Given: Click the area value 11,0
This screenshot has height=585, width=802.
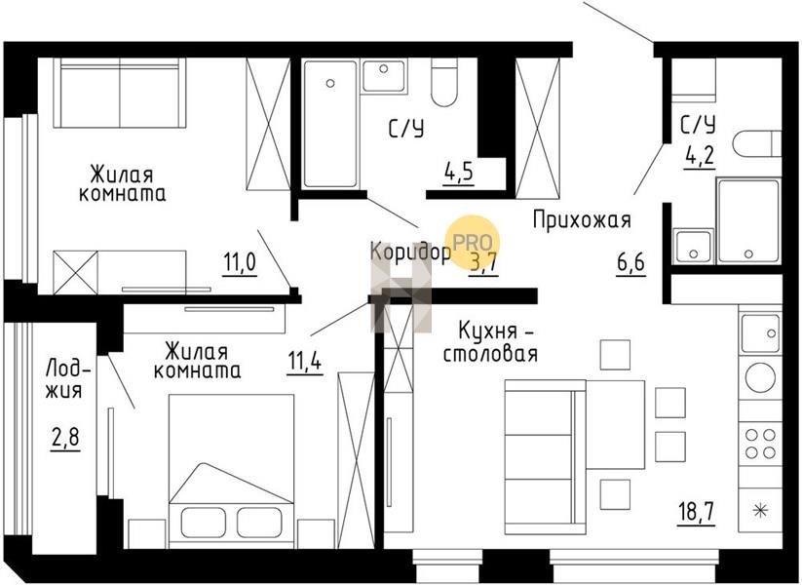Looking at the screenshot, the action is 240,263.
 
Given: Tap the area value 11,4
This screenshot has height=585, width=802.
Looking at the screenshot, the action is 304,362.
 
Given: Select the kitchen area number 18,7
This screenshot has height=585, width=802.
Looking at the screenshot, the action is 697,512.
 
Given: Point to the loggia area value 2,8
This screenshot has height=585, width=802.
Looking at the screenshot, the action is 66,438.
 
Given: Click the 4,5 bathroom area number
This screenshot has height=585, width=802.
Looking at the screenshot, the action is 459,172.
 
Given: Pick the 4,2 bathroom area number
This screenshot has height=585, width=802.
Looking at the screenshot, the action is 700,155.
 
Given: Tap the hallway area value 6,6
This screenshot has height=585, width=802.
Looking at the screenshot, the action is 631,263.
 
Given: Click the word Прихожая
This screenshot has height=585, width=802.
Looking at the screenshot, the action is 582,220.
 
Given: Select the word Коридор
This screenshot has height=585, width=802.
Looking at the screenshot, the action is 410,253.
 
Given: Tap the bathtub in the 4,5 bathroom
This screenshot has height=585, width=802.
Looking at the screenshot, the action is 330,124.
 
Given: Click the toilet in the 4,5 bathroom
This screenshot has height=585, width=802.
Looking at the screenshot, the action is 444,83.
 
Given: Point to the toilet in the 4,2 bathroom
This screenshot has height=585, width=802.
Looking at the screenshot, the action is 757,142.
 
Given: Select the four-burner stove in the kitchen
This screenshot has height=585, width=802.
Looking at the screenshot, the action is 760,444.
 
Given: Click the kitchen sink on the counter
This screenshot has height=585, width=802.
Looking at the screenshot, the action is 760,333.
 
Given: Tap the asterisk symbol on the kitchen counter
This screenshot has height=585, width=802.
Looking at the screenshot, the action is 761,510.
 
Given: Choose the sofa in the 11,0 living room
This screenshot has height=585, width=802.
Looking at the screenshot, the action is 120,93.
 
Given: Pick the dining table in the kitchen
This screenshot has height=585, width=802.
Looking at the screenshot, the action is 615,424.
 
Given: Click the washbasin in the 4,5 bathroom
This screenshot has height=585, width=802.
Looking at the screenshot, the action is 384,76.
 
